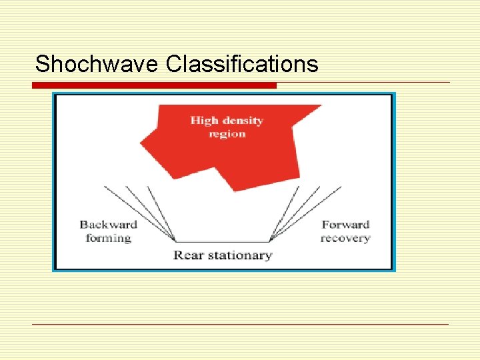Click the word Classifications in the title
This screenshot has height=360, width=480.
point(242,64)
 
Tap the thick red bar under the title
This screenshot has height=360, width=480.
point(154,85)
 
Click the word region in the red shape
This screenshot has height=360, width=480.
point(227,134)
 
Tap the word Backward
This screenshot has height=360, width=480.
point(108,225)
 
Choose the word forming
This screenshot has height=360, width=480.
point(108,238)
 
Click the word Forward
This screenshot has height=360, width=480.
point(345,225)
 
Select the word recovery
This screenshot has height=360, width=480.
point(345,238)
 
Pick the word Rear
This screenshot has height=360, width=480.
point(189,255)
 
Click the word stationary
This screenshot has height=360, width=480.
point(238,255)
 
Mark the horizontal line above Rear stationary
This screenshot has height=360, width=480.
point(223,241)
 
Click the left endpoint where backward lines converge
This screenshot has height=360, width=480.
point(175,241)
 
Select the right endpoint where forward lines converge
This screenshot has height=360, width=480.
point(270,241)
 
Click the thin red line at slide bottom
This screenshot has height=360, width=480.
point(241,325)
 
